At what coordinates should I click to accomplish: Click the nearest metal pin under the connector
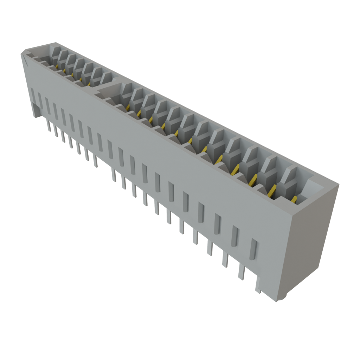coord(241,272)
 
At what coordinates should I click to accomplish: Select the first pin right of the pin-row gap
coord(114,175)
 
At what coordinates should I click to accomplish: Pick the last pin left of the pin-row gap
coord(95,161)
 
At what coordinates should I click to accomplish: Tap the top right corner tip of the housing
coord(339,184)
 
